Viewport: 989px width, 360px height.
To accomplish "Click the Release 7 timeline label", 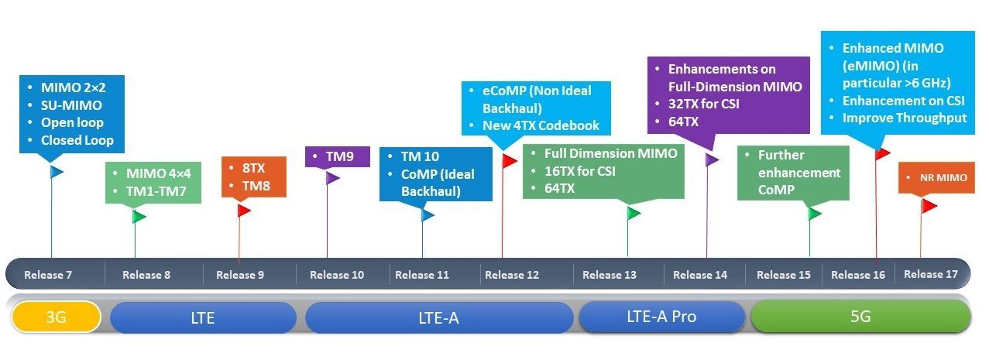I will (48, 275).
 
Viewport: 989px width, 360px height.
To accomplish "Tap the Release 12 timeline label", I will (511, 275).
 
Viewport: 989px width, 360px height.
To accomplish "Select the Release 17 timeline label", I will (930, 274).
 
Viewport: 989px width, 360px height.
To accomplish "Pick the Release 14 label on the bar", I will (700, 275).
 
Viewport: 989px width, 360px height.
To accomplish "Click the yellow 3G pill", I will (57, 317).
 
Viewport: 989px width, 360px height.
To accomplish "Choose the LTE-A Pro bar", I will (661, 317).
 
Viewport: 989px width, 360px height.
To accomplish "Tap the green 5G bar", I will (860, 317).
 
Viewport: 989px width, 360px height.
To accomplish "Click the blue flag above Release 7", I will (57, 172).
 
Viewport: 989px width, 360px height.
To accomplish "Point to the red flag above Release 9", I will (244, 211).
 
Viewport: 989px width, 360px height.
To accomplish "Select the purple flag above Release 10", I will (332, 178).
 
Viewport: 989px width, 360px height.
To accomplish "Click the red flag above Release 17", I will (929, 205).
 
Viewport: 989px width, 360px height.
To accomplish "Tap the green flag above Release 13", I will (634, 213).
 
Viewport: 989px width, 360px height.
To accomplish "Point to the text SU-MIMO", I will (71, 105).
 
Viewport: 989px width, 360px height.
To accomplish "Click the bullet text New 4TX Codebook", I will (541, 125).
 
